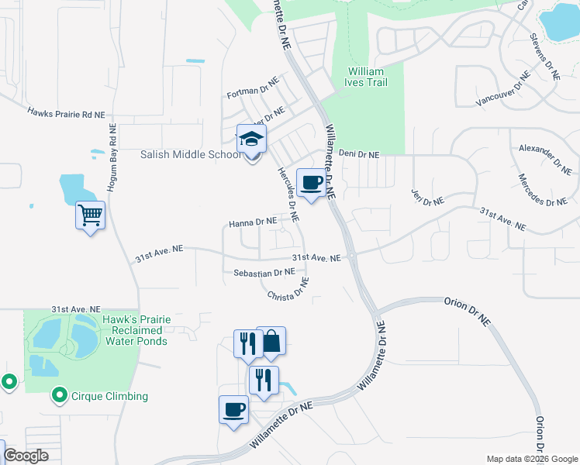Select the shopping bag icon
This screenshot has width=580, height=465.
[x=271, y=341]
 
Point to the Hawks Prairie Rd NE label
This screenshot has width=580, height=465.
[x=66, y=114]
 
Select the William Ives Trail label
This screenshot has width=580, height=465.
[x=366, y=77]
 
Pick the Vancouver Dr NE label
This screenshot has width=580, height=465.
[x=502, y=90]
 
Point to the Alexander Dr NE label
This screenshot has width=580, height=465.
[x=541, y=157]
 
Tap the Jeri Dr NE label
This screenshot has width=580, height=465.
[x=428, y=195]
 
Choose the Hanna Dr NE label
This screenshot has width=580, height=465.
[x=253, y=222]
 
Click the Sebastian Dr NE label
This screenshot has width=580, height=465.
[x=264, y=273]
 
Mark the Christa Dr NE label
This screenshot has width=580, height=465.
[x=288, y=290]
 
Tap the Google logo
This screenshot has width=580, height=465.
[x=26, y=456]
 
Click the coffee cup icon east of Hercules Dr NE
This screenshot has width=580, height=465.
[x=311, y=183]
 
